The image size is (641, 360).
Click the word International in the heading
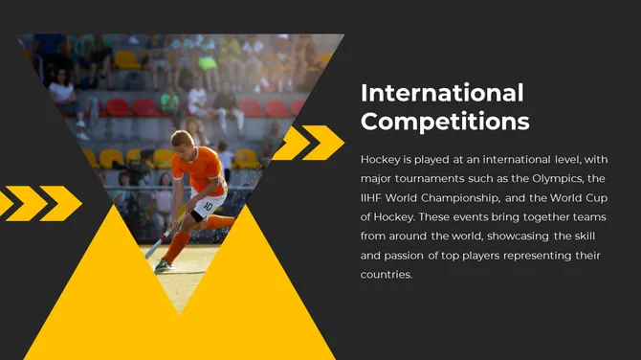442,93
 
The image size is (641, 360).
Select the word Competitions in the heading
445,122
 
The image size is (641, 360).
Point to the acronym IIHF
376,198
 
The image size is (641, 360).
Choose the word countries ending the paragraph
385,276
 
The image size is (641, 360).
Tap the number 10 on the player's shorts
209,204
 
